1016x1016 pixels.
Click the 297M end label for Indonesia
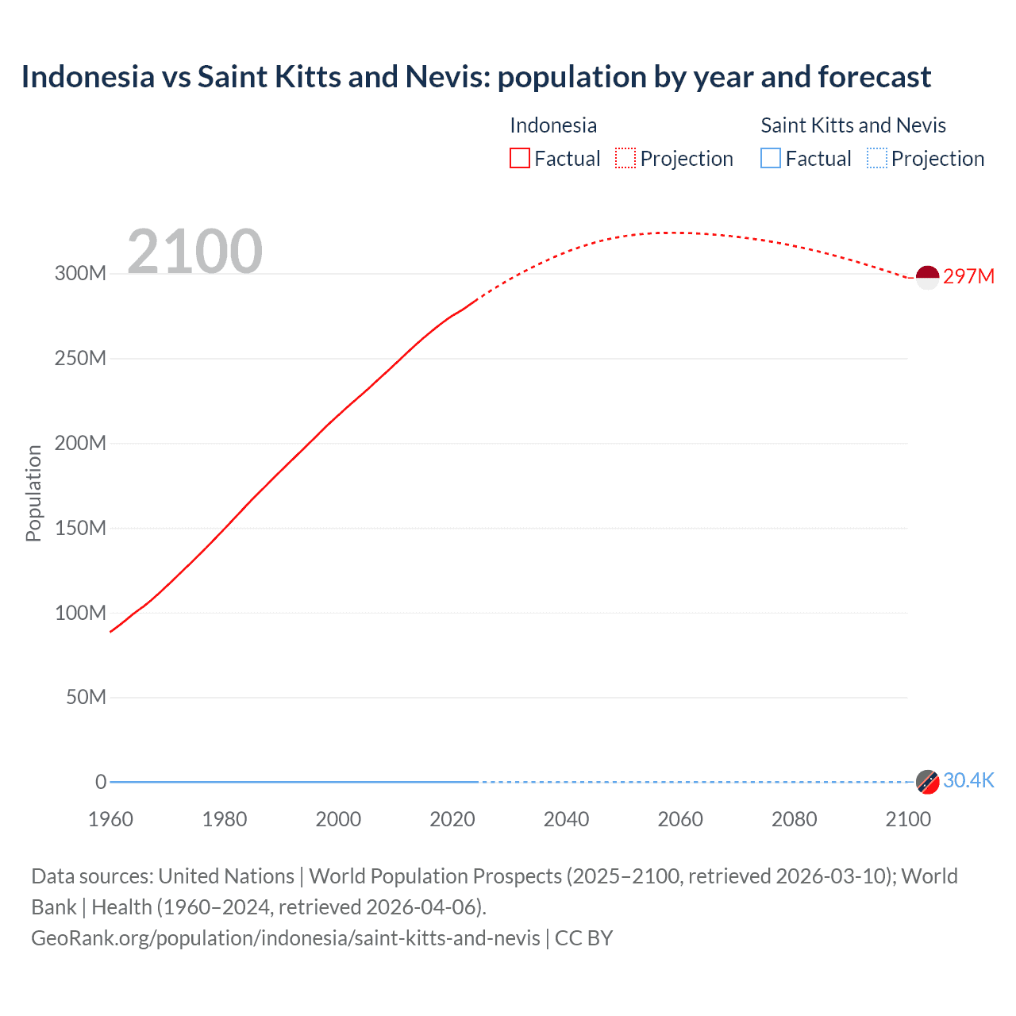point(968,276)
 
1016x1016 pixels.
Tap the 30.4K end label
point(968,780)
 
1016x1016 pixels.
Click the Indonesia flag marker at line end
point(927,278)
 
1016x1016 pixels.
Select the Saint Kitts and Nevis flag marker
point(927,781)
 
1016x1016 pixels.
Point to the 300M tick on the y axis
point(80,274)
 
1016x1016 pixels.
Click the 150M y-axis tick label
point(80,528)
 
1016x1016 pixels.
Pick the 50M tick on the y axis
point(86,697)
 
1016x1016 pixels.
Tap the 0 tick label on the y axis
point(101,782)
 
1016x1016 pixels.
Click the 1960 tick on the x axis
point(110,819)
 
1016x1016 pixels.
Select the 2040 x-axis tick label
point(566,819)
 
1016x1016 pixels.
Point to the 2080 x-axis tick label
point(794,819)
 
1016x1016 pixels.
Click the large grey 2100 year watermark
point(194,252)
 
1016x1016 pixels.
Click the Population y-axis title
point(33,493)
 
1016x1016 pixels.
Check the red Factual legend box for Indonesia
point(520,158)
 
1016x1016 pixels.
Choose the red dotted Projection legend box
point(625,158)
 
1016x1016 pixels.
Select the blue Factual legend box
point(771,158)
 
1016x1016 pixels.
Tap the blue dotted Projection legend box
point(877,158)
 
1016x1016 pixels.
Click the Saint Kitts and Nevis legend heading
point(853,125)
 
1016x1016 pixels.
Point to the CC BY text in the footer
point(583,937)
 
